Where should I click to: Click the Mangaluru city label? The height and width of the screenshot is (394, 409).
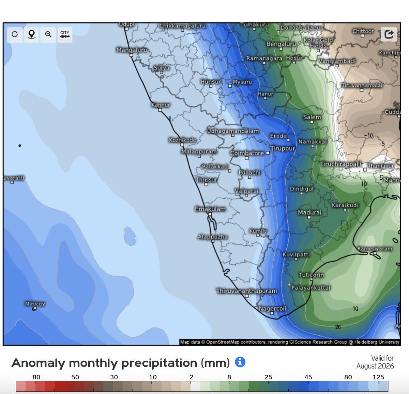coord(132,50)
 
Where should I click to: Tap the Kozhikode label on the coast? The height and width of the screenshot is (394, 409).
coord(182,140)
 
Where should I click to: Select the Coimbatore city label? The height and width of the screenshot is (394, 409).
coord(247,153)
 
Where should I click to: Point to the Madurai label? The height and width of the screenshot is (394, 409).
coord(309,213)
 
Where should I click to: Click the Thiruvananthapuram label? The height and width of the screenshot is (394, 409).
coord(246,291)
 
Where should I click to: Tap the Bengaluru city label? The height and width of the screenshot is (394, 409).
coord(281,44)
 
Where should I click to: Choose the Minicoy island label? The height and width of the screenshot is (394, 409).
coord(35,304)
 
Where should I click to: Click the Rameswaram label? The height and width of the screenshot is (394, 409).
coord(375,249)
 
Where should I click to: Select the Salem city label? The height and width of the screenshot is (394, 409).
coord(312,117)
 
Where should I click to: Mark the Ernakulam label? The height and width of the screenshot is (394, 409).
coord(210,209)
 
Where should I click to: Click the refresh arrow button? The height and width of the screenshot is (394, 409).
coord(15,34)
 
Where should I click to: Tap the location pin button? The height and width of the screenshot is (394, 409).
coord(31,34)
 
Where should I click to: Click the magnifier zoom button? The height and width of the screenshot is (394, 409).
coord(48,34)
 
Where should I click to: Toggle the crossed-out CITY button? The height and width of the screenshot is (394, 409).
coord(65,34)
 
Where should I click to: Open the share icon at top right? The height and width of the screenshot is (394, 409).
coord(389,34)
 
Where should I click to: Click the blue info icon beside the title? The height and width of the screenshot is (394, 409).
coord(240,362)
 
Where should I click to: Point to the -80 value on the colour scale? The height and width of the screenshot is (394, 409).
coord(35,377)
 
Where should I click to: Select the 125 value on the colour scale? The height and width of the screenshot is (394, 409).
coord(378,377)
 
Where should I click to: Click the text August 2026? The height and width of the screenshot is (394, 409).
coord(375,366)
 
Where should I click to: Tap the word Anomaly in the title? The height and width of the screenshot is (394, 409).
coord(38,363)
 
